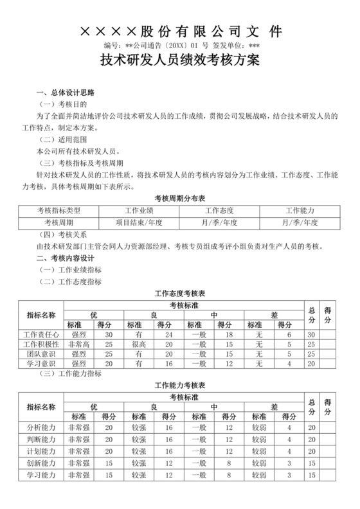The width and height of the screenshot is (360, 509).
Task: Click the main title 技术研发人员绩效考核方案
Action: tap(180, 62)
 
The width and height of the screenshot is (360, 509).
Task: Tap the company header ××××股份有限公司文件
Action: tap(180, 31)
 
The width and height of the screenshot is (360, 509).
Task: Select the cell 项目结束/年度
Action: tap(139, 222)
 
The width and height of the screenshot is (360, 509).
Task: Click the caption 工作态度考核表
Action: tap(180, 293)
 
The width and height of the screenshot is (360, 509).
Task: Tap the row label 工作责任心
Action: tap(41, 335)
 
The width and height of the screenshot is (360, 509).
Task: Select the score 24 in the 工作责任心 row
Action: tap(168, 335)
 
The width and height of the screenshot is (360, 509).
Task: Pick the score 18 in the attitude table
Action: tap(228, 335)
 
